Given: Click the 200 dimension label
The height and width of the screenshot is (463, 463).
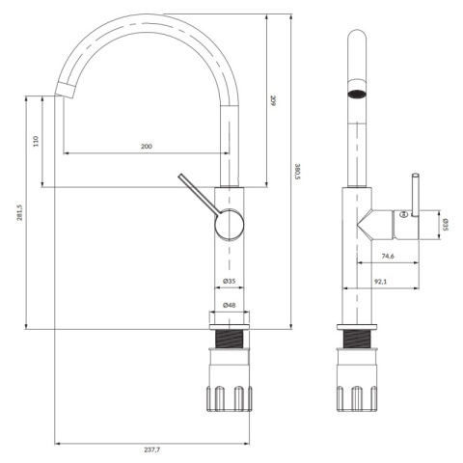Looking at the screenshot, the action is coord(147,147).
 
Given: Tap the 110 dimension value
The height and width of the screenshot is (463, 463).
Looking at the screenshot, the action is coord(36,141).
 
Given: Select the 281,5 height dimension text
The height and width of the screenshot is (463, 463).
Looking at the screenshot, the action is coord(20,212).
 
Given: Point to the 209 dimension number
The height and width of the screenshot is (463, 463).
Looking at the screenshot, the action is coord(273,100).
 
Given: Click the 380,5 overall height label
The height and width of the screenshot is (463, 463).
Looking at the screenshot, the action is coord(297,172).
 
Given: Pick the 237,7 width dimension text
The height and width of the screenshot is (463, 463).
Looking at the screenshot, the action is coord(151,449).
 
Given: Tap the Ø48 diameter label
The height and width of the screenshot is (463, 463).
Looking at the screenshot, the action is coord(229,305).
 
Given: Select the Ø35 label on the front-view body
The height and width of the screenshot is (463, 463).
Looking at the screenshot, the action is coord(229,281).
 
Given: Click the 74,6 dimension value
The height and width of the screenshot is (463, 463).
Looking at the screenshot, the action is coord(388,256).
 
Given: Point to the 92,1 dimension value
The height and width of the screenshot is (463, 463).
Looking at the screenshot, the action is coord(380,282).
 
